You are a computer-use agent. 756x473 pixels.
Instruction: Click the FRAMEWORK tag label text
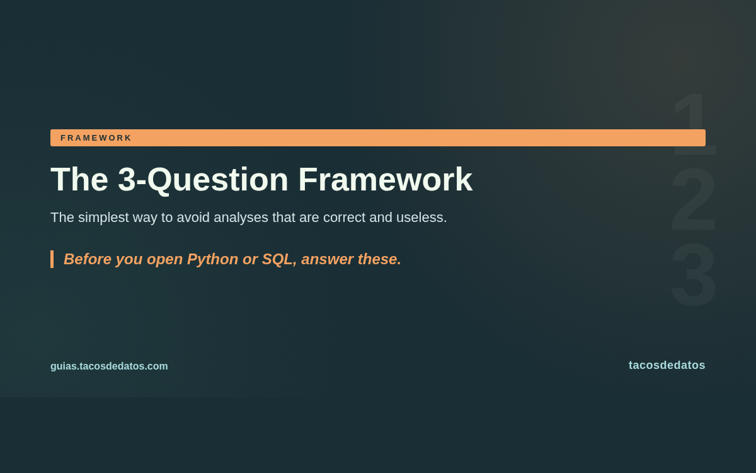(x=96, y=138)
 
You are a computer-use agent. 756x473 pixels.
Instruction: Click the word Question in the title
(x=217, y=180)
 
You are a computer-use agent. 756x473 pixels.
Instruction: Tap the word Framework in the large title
(x=385, y=180)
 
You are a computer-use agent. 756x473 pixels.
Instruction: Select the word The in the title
(x=79, y=180)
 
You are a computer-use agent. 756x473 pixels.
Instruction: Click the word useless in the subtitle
(x=421, y=218)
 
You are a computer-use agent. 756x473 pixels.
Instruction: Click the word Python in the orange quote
(x=213, y=259)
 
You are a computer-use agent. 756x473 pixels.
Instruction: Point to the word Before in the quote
(x=88, y=259)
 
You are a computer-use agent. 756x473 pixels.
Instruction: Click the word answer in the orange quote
(x=328, y=259)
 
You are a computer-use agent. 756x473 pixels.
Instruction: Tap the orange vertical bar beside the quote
(x=52, y=259)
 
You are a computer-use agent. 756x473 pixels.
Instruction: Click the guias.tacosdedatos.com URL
(x=109, y=366)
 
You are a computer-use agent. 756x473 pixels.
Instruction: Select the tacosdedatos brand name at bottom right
(x=667, y=365)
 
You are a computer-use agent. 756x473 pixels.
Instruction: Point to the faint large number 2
(x=693, y=199)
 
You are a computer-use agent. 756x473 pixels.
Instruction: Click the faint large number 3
(x=693, y=274)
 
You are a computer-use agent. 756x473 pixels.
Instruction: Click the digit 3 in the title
(x=127, y=180)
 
